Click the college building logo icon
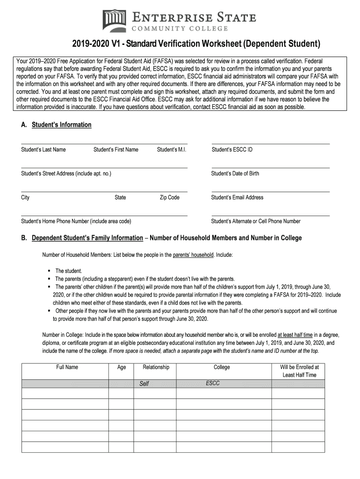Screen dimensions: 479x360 tap(114, 21)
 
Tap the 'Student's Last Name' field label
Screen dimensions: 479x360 tap(43, 150)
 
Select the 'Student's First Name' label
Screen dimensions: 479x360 tap(116, 150)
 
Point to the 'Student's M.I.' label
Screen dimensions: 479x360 tap(172, 150)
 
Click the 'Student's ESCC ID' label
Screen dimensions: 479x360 tap(232, 150)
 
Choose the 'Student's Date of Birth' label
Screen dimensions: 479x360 tap(235, 174)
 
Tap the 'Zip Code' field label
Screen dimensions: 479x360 tap(170, 197)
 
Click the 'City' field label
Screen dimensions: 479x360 tap(25, 197)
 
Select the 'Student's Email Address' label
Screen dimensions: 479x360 tap(238, 197)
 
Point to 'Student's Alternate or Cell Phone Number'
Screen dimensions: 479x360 tap(256, 221)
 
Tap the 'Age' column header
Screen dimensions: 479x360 tap(122, 367)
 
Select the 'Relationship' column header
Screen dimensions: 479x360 tap(156, 367)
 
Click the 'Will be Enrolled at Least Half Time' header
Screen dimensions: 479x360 tap(299, 371)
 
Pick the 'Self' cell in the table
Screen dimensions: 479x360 tap(144, 384)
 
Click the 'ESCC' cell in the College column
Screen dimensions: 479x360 tap(213, 383)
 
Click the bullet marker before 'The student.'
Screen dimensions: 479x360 tap(49, 271)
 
